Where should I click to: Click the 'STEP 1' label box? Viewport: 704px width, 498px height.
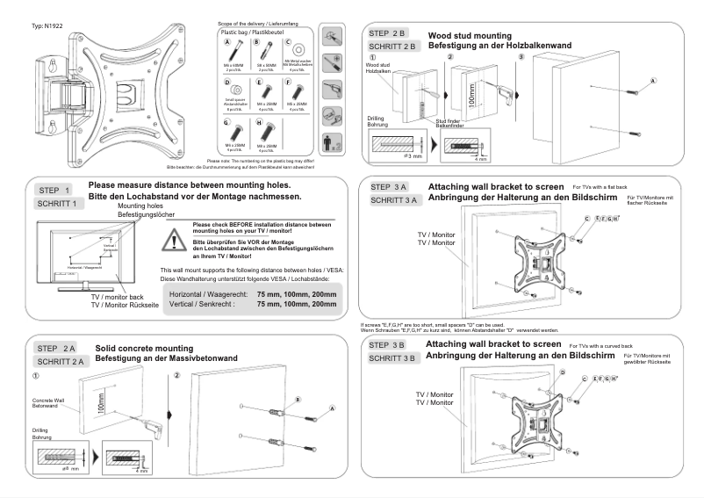coord(61,190)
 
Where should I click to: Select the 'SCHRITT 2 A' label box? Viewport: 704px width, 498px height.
coord(61,361)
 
